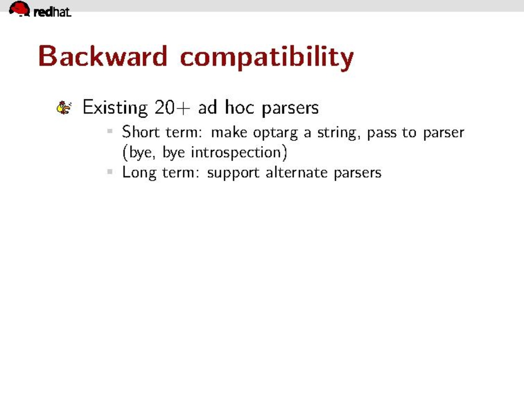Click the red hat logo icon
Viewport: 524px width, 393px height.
pyautogui.click(x=19, y=8)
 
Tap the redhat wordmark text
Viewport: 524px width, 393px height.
pyautogui.click(x=52, y=12)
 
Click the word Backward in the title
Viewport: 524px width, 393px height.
pyautogui.click(x=102, y=56)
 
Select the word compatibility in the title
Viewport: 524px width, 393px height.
pyautogui.click(x=267, y=58)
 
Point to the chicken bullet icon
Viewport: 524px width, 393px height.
pyautogui.click(x=64, y=108)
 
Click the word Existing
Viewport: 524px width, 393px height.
pyautogui.click(x=115, y=108)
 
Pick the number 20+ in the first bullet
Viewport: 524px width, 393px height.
pyautogui.click(x=172, y=108)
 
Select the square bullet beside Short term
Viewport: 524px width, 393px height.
pyautogui.click(x=110, y=131)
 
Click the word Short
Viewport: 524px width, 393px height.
pyautogui.click(x=141, y=132)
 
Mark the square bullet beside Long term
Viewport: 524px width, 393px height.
pyautogui.click(x=110, y=171)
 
